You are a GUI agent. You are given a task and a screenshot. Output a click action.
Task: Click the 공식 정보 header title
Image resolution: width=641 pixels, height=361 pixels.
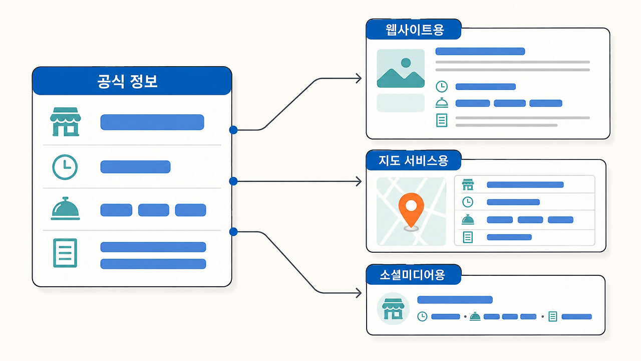coord(127,81)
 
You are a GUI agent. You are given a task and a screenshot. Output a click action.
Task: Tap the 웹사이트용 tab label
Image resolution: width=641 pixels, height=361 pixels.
coord(415,30)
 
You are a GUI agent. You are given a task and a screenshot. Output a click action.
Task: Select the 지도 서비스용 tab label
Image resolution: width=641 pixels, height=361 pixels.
coord(413,161)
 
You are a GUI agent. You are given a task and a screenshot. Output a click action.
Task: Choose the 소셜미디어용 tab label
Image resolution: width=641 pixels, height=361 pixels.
coord(412,275)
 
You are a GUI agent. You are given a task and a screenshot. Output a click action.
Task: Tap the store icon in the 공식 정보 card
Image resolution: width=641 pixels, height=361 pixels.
coord(65,122)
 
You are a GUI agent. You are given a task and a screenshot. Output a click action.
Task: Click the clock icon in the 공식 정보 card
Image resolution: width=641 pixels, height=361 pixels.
coord(65,167)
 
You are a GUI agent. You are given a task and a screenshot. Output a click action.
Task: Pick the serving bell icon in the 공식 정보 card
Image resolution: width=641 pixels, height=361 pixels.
coord(65,208)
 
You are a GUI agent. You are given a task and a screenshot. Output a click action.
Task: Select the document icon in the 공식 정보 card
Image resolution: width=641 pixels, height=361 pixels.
coord(65,253)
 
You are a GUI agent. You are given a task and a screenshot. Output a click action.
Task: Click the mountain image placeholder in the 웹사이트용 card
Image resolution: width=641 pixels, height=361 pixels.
coord(401,69)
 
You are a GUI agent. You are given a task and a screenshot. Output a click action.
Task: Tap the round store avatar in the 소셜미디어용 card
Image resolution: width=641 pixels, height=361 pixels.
coord(393,308)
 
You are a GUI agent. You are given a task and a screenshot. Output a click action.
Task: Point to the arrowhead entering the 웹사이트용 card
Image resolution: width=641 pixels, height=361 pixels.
coord(359,78)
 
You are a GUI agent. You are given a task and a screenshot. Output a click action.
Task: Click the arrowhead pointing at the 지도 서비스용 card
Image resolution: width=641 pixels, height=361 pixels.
coord(359,182)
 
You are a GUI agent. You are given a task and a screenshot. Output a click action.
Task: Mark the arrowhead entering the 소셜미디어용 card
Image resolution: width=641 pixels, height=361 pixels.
coord(359,293)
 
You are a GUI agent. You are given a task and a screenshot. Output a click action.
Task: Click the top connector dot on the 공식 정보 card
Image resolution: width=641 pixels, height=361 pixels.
coord(233,130)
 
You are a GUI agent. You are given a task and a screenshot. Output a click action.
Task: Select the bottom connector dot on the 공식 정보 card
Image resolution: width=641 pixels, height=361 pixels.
coord(233,232)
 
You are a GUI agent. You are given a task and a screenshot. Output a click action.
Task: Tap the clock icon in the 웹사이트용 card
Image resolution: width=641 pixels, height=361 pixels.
coord(442,87)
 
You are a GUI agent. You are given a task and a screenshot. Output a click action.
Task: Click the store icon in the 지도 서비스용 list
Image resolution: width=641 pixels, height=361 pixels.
coord(468,185)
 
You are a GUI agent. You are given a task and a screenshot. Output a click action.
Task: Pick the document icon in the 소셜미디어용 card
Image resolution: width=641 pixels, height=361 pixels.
coord(552,316)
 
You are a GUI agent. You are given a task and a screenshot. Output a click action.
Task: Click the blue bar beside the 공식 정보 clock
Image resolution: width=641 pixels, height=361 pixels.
coord(135,167)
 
